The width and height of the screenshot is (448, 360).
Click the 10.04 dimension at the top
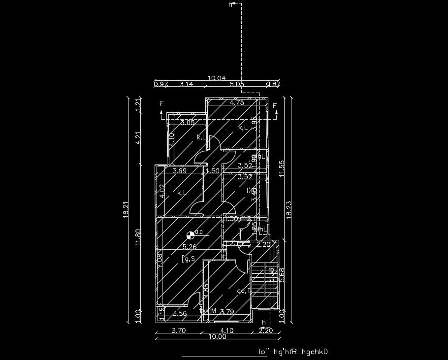pyautogui.click(x=217, y=78)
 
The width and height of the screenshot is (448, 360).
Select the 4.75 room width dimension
pyautogui.click(x=237, y=102)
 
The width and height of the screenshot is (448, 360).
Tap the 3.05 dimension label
pyautogui.click(x=187, y=123)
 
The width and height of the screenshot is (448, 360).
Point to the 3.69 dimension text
pyautogui.click(x=179, y=171)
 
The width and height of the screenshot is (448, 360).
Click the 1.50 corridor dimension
pyautogui.click(x=212, y=171)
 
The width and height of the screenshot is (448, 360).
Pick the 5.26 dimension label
pyautogui.click(x=190, y=247)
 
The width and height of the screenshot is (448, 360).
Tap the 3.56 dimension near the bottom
pyautogui.click(x=180, y=313)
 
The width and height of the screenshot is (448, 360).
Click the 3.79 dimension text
pyautogui.click(x=226, y=312)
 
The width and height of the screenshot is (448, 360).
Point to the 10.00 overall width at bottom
pyautogui.click(x=217, y=337)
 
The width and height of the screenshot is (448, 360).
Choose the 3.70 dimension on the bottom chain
pyautogui.click(x=178, y=331)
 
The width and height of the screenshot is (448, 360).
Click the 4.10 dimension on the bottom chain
pyautogui.click(x=227, y=331)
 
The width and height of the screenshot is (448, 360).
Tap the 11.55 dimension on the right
pyautogui.click(x=282, y=168)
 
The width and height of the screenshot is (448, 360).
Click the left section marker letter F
pyautogui.click(x=161, y=104)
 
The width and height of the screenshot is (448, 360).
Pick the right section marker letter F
pyautogui.click(x=275, y=106)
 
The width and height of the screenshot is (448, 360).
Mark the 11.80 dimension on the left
pyautogui.click(x=138, y=236)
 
